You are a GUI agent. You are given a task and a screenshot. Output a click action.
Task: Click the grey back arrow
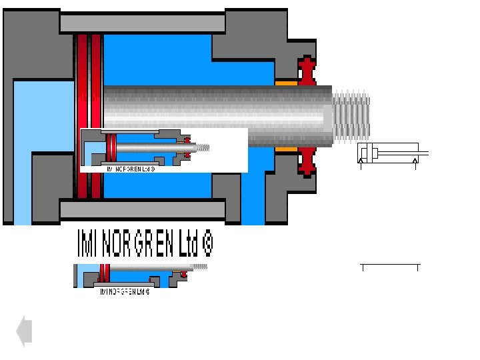click(24, 331)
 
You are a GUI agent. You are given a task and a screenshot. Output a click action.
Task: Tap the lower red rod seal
click(307, 162)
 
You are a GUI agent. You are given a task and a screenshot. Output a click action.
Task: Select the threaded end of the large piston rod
click(350, 117)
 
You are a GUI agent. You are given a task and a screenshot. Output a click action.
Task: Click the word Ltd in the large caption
click(187, 245)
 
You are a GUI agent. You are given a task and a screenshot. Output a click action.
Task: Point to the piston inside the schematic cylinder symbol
click(374, 153)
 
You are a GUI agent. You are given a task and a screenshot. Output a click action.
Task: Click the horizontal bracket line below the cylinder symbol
click(390, 265)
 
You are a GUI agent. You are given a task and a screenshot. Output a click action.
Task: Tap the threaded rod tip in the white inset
click(203, 147)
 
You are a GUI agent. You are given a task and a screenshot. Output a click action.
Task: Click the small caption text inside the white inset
click(131, 169)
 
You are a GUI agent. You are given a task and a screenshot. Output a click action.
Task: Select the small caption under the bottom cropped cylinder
click(125, 291)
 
